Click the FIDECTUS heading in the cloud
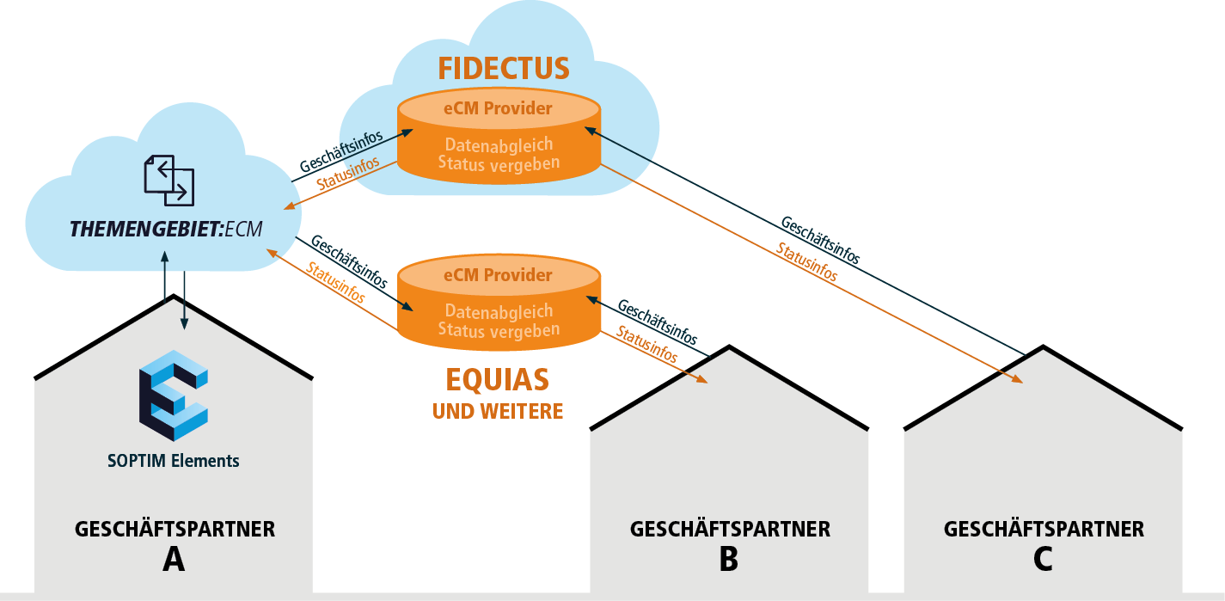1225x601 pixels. (504, 68)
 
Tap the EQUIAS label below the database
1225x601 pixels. (498, 379)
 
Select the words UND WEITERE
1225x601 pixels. (498, 411)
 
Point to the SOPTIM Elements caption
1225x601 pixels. (174, 461)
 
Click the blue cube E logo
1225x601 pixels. (174, 395)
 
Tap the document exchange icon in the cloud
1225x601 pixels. (168, 180)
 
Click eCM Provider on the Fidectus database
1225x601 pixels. (499, 108)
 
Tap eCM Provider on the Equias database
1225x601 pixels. (499, 276)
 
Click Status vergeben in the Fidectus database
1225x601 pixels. (499, 163)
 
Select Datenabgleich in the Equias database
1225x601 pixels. (499, 311)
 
